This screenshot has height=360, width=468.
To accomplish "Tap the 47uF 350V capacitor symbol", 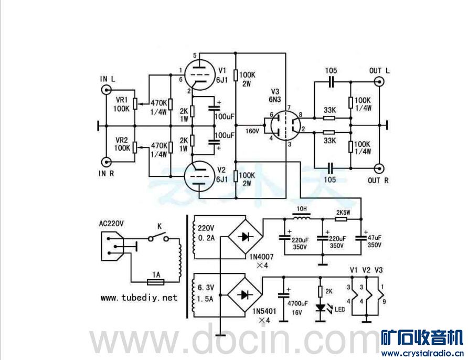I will click(x=362, y=237).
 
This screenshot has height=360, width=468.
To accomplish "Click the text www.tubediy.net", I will click(x=139, y=298).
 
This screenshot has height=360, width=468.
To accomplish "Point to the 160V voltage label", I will click(x=252, y=130).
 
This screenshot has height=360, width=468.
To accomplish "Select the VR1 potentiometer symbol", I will click(x=135, y=103).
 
